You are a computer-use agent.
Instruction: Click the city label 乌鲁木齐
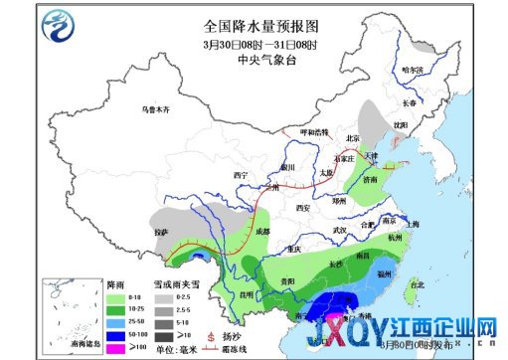(x=155, y=108)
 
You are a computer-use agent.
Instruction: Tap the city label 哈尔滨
(x=413, y=70)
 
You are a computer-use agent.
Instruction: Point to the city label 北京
(x=351, y=138)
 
